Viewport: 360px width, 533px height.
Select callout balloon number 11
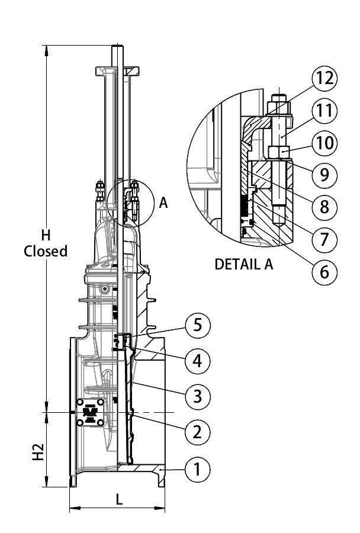[325, 111]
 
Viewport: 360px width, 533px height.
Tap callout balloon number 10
[325, 143]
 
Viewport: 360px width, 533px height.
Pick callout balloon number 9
[325, 175]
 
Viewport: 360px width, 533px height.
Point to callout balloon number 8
[325, 207]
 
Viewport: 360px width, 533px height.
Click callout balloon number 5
[197, 325]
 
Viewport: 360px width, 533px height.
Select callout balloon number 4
[197, 360]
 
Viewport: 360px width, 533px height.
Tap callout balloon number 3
[197, 395]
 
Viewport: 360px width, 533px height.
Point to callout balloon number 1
[197, 470]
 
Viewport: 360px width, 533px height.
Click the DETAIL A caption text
[244, 265]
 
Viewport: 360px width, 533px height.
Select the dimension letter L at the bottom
[119, 500]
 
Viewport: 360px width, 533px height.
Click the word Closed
[46, 251]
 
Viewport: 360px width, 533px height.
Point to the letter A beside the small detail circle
[163, 203]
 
